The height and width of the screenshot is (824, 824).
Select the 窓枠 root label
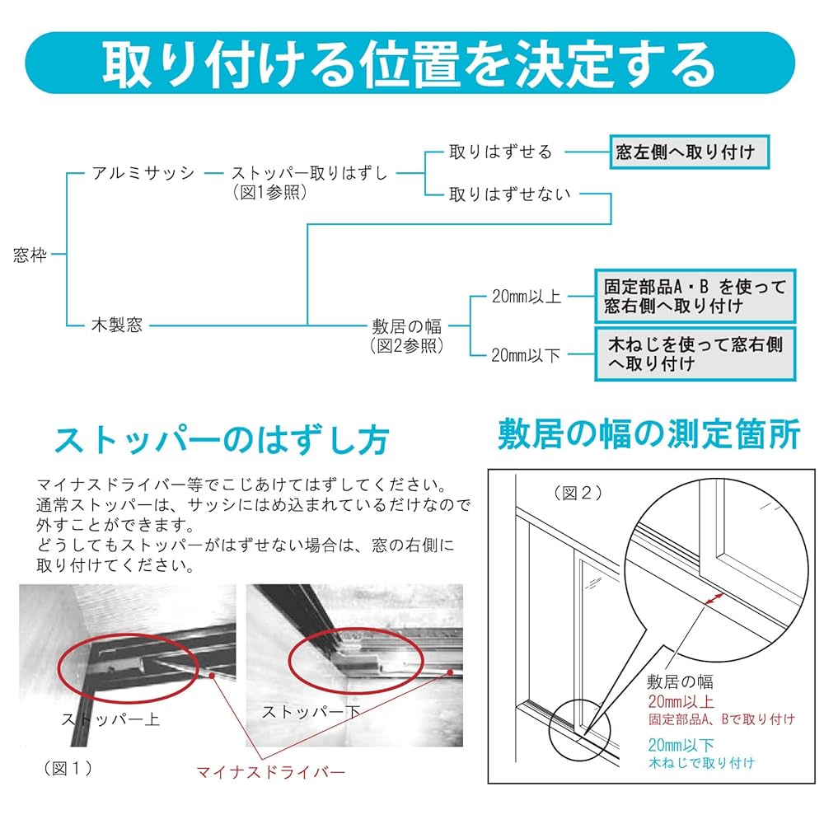pyautogui.click(x=31, y=255)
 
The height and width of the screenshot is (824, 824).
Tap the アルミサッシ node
pyautogui.click(x=143, y=172)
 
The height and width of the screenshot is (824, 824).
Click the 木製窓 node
pyautogui.click(x=116, y=325)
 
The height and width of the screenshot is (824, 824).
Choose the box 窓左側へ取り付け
pyautogui.click(x=684, y=152)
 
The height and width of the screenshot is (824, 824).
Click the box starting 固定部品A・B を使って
pyautogui.click(x=695, y=296)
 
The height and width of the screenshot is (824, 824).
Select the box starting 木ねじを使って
pyautogui.click(x=695, y=353)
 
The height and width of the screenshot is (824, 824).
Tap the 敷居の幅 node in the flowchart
pyautogui.click(x=407, y=325)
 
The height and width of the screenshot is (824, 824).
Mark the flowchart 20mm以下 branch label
pyautogui.click(x=526, y=354)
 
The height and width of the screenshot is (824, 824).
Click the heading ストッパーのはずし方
pyautogui.click(x=220, y=441)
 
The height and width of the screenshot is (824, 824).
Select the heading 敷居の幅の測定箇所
pyautogui.click(x=648, y=434)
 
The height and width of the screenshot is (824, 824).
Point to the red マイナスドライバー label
pyautogui.click(x=270, y=772)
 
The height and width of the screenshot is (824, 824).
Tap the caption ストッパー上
pyautogui.click(x=110, y=719)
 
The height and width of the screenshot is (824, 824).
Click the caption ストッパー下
pyautogui.click(x=311, y=710)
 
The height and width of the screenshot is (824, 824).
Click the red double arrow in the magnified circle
pyautogui.click(x=711, y=599)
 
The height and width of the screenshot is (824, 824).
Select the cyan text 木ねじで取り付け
pyautogui.click(x=701, y=763)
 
